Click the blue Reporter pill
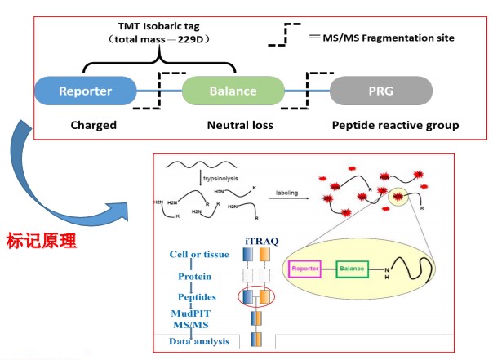[85, 91]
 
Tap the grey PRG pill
[381, 91]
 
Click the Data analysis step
[201, 340]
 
